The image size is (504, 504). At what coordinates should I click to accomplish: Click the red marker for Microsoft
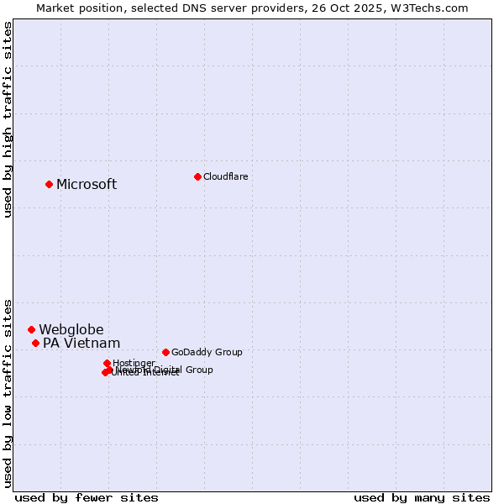[x=49, y=184]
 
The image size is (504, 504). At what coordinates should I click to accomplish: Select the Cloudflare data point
[x=197, y=176]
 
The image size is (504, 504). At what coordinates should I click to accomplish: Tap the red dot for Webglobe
[x=31, y=329]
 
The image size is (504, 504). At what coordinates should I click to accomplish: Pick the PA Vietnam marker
[x=35, y=343]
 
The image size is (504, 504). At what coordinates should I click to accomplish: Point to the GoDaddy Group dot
[x=165, y=352]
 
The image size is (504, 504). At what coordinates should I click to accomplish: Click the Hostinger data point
[x=107, y=363]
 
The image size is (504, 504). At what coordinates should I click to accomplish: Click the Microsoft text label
[x=87, y=185]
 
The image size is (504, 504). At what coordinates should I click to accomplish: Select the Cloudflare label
[x=225, y=176]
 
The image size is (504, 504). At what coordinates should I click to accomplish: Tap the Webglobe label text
[x=71, y=330]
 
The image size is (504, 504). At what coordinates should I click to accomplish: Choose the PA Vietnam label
[x=81, y=344]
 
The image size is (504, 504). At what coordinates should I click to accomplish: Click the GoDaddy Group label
[x=207, y=352]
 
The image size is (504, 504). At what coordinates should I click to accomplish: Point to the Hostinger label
[x=134, y=363]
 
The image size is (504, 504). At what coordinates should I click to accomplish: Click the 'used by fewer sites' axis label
[x=87, y=497]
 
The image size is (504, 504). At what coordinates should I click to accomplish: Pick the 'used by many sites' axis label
[x=422, y=497]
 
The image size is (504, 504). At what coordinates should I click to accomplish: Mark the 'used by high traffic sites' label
[x=8, y=120]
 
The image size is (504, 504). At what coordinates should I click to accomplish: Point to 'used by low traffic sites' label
[x=8, y=392]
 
